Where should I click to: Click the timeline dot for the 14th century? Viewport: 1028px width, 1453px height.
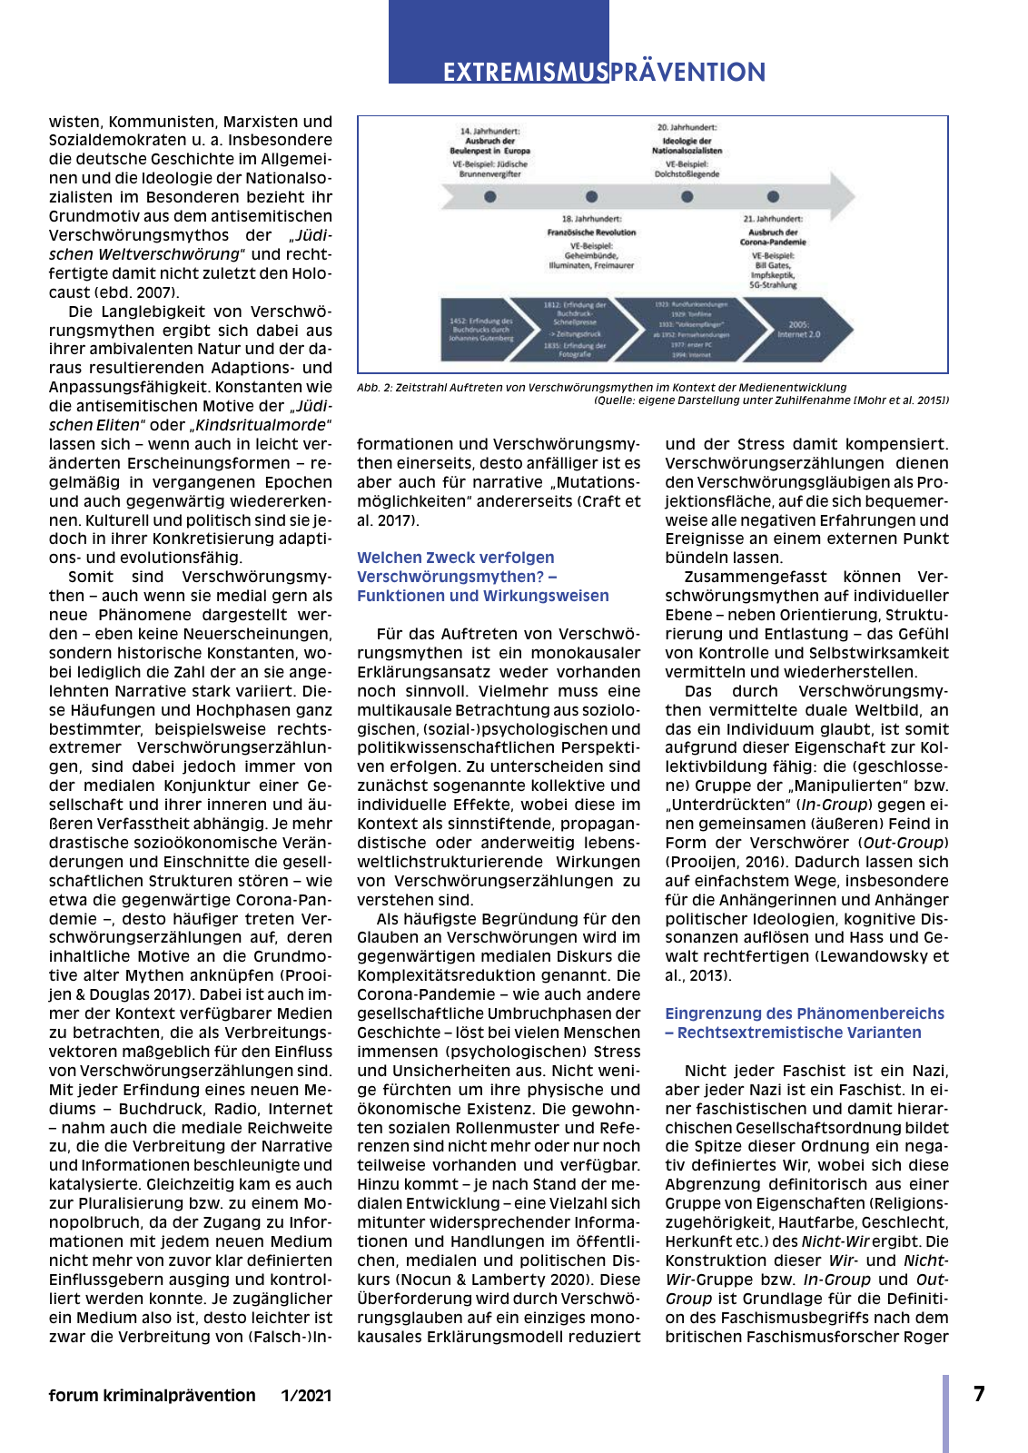(x=490, y=196)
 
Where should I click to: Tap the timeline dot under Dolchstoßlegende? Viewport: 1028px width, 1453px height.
(x=687, y=196)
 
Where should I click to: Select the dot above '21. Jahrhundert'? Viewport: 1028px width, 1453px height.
(x=773, y=196)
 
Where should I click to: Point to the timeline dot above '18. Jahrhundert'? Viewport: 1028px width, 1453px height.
(x=592, y=196)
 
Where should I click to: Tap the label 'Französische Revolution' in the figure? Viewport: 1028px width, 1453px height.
(x=591, y=232)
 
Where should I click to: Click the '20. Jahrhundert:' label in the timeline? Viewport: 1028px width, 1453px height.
(x=687, y=128)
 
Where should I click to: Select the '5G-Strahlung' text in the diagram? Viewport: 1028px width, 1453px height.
(x=773, y=285)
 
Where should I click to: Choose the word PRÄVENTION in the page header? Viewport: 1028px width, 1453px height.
(x=687, y=73)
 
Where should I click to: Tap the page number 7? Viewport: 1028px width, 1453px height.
(x=979, y=1394)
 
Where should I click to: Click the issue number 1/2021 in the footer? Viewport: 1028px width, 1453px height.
(x=306, y=1396)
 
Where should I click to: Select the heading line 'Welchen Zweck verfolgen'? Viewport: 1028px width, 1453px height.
(x=455, y=558)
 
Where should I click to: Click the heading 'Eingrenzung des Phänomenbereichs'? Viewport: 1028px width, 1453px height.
(x=805, y=1013)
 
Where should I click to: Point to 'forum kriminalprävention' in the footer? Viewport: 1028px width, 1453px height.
(x=152, y=1396)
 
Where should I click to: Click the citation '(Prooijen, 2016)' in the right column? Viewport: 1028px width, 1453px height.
(x=717, y=862)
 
